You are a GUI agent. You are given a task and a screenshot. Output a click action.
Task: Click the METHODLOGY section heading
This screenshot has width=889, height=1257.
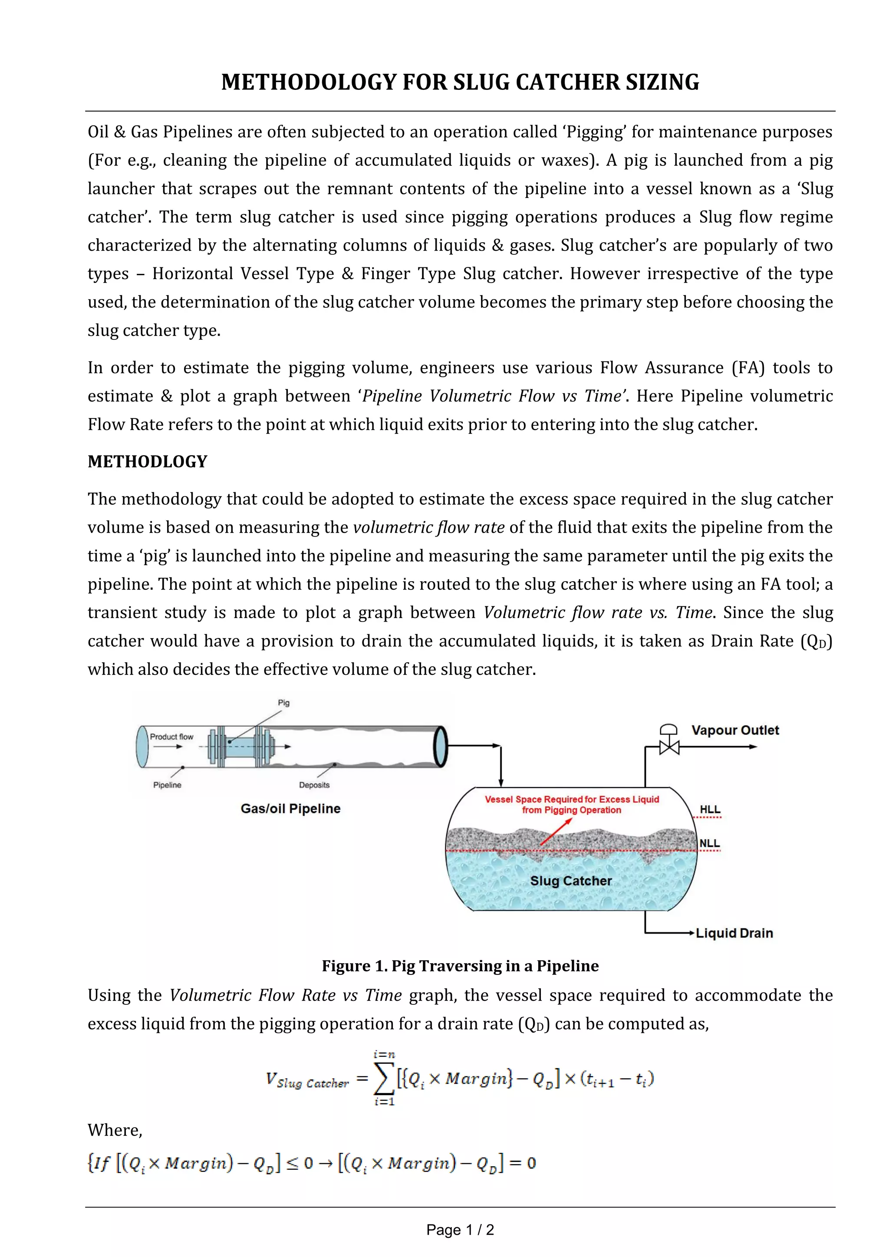point(147,461)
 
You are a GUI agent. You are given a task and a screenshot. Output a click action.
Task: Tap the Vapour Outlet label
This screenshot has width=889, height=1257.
point(734,731)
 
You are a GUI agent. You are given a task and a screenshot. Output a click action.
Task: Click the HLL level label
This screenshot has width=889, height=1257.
point(710,809)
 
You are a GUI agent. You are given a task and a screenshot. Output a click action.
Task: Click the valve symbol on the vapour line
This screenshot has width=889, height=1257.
point(668,746)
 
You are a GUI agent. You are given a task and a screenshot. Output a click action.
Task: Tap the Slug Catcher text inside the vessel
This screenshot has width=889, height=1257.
point(571,881)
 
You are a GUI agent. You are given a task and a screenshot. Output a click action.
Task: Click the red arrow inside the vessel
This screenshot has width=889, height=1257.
point(555,833)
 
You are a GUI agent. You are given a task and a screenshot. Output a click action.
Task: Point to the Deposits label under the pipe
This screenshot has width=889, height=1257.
point(314,785)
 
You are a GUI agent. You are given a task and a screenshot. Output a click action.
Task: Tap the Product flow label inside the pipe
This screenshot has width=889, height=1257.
point(171,737)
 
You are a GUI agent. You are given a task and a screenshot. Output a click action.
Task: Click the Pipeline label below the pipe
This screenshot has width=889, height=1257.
point(167,785)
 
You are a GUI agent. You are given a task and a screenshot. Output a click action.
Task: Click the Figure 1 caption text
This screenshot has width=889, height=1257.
point(460,966)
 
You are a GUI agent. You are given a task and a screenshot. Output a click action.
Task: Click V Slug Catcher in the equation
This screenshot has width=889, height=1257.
point(306,1080)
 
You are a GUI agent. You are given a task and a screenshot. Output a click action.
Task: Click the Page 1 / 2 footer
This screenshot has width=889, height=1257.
point(460,1230)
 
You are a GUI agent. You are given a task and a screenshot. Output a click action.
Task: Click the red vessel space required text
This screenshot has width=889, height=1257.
point(572,804)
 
